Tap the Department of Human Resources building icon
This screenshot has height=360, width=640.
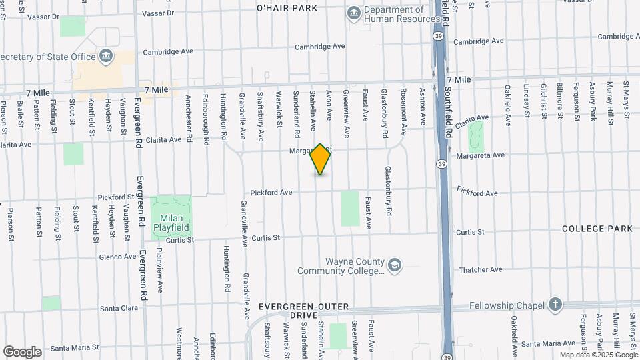click(x=353, y=13)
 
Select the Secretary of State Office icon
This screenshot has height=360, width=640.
click(x=105, y=56)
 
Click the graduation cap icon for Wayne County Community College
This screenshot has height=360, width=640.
click(x=395, y=266)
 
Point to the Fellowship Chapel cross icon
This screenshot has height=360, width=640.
click(x=555, y=305)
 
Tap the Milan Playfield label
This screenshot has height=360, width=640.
click(x=171, y=222)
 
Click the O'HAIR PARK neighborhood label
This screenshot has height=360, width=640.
click(x=287, y=8)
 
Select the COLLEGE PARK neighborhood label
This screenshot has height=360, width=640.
click(x=597, y=229)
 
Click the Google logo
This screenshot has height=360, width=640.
click(x=23, y=352)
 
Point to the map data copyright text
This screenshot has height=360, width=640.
click(x=598, y=355)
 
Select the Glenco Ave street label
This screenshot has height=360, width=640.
click(x=118, y=257)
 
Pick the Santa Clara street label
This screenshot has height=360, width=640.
click(x=119, y=309)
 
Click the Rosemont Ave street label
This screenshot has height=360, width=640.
click(x=403, y=107)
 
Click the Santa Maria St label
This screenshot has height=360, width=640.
click(x=75, y=347)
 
